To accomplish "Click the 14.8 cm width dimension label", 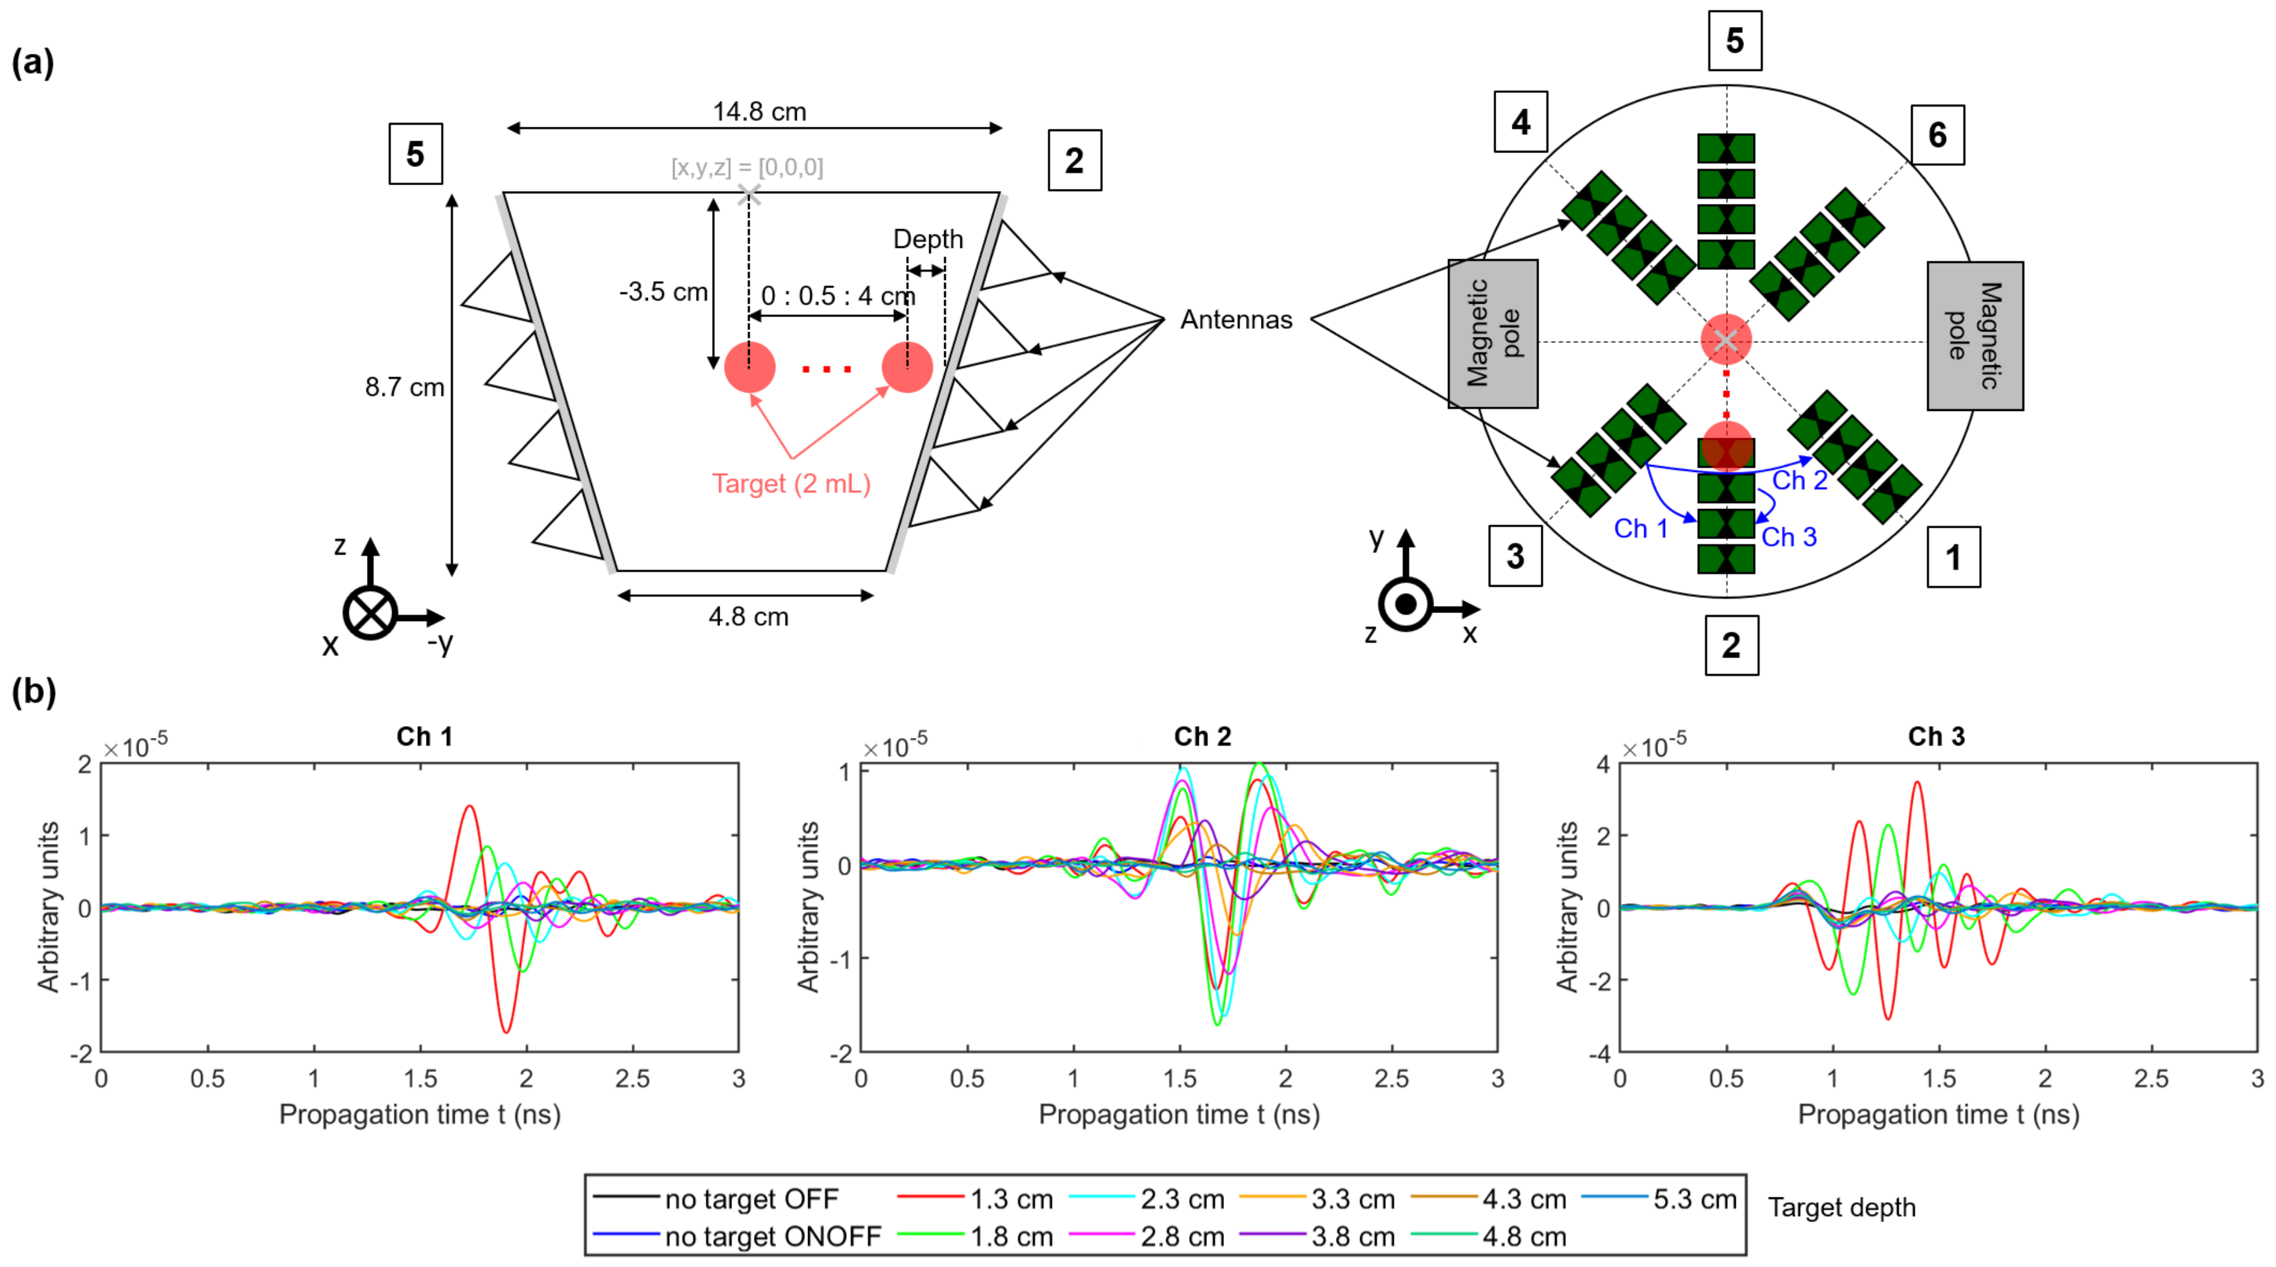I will [x=759, y=112].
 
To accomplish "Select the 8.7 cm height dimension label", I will [x=404, y=387].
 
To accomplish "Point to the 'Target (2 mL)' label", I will [x=791, y=484].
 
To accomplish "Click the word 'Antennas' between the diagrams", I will [x=1236, y=320].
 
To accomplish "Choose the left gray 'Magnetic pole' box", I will [x=1492, y=334].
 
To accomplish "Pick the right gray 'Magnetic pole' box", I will [x=1975, y=336].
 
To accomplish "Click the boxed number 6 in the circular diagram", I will [x=1937, y=135].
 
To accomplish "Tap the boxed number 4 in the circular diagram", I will [x=1519, y=122].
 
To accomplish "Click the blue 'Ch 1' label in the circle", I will [x=1641, y=528].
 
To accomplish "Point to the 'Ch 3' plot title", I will [x=1936, y=737].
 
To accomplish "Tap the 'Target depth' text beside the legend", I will [x=1841, y=1208].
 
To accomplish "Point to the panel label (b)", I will [x=34, y=692].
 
